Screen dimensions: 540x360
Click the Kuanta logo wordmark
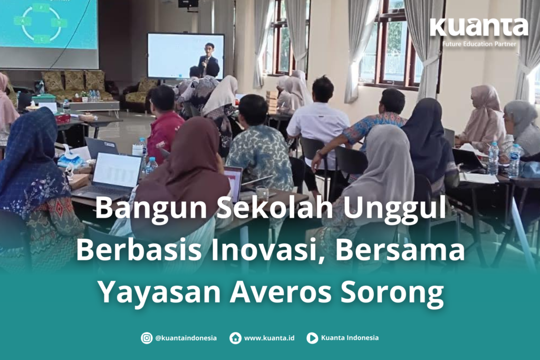click(479, 27)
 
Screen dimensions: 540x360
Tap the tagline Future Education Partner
click(479, 44)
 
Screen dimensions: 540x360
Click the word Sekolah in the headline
click(275, 207)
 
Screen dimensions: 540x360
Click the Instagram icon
click(147, 338)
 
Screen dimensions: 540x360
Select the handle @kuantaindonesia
click(186, 338)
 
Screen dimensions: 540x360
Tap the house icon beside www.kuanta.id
click(235, 338)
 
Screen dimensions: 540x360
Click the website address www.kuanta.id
click(269, 338)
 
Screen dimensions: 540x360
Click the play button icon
click(312, 338)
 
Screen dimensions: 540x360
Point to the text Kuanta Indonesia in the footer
click(350, 338)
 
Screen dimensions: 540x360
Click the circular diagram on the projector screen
click(41, 23)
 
